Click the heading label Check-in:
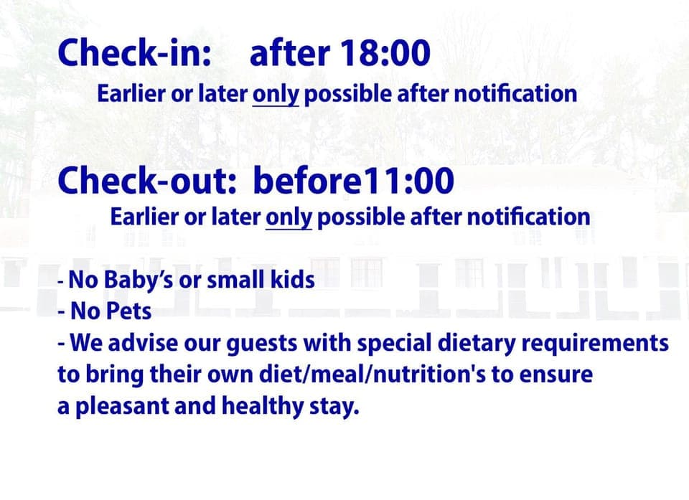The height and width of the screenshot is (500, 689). [134, 52]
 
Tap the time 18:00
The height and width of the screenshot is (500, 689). [385, 52]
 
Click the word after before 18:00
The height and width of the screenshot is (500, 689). [289, 52]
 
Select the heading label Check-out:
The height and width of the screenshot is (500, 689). [147, 180]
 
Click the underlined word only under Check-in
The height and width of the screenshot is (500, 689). [276, 95]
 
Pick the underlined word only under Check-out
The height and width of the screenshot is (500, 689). [289, 217]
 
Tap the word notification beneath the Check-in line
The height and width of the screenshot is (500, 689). [515, 93]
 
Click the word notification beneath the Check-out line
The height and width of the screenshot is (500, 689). [528, 217]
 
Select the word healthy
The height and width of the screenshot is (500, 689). [263, 407]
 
